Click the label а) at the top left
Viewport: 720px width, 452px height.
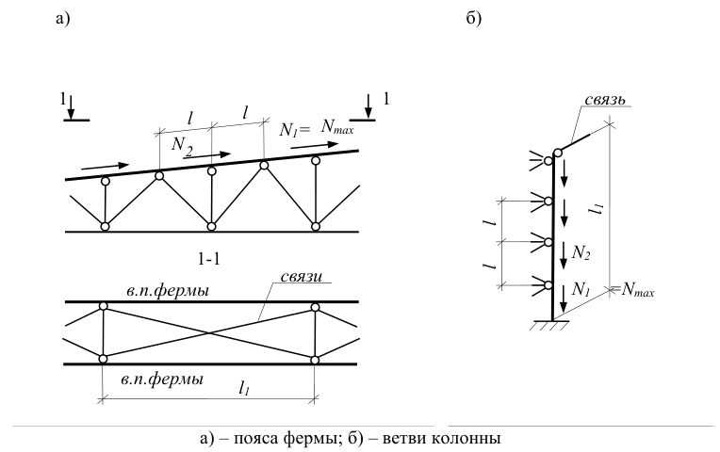click(x=62, y=19)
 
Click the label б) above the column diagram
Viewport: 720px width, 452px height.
click(x=473, y=18)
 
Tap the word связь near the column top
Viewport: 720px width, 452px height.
click(x=605, y=100)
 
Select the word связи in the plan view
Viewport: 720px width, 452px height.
click(x=301, y=277)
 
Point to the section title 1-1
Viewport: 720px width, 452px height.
click(x=209, y=259)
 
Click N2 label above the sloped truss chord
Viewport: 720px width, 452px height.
click(x=181, y=145)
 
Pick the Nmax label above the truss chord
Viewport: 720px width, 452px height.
click(x=337, y=126)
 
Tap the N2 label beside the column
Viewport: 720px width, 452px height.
click(x=581, y=252)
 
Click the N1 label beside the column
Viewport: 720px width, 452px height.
click(x=581, y=289)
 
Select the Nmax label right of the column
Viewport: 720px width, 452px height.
click(x=638, y=290)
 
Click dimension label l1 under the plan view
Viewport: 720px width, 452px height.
click(x=244, y=389)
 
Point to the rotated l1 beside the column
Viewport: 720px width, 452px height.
click(x=597, y=209)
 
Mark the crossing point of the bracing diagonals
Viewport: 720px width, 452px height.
click(x=209, y=332)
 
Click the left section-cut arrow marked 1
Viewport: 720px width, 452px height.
click(x=71, y=108)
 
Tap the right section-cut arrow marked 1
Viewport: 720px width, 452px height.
click(x=368, y=107)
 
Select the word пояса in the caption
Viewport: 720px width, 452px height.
click(x=252, y=438)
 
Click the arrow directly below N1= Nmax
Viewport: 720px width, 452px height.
click(x=315, y=145)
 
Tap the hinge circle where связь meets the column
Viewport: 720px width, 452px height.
click(x=558, y=153)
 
